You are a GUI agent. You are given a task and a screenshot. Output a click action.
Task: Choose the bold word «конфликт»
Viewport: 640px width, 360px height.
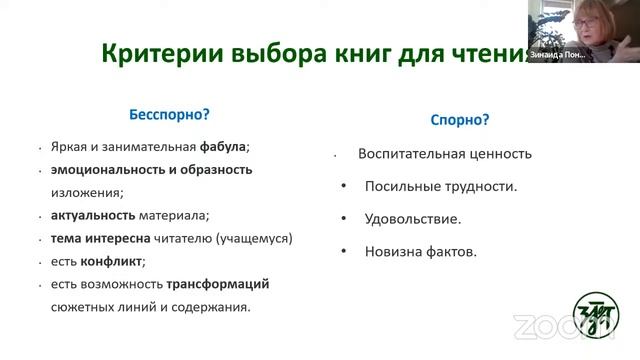[x=111, y=261]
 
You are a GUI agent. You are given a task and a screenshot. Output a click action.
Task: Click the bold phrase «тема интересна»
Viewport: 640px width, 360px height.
[x=101, y=238]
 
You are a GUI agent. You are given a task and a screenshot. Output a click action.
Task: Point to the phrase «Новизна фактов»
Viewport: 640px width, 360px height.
[x=421, y=251]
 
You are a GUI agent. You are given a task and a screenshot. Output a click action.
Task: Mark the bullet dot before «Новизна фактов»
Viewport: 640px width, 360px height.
[x=344, y=251]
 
